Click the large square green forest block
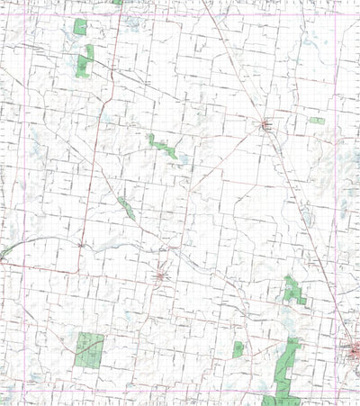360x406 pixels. (x=89, y=349)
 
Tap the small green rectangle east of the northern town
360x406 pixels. (x=317, y=121)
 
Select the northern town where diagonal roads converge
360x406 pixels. (x=266, y=125)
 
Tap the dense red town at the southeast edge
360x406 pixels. (x=351, y=350)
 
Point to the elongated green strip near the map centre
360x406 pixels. (x=163, y=145)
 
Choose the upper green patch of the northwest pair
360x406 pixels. (x=80, y=28)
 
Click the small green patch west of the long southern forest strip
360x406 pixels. (x=238, y=349)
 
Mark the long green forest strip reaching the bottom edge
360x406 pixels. (x=286, y=369)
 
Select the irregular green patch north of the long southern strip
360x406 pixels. (x=293, y=290)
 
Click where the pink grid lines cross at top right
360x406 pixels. (x=336, y=12)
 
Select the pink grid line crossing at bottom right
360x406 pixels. (x=336, y=392)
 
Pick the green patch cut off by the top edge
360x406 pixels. (x=118, y=2)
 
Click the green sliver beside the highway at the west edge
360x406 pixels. (x=5, y=250)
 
